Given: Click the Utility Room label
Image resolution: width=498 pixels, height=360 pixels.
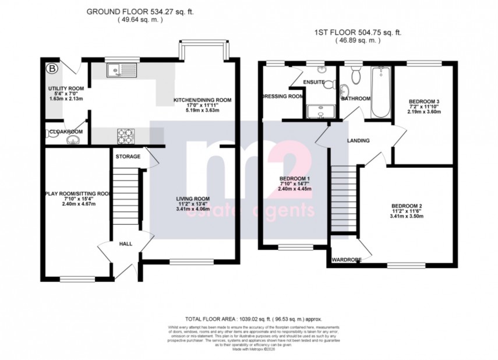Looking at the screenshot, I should [x=66, y=89].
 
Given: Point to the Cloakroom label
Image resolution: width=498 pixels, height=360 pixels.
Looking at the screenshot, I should [x=65, y=132].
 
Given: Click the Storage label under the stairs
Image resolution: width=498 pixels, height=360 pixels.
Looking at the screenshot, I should [x=128, y=156].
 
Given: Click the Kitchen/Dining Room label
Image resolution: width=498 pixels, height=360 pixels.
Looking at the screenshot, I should [x=202, y=100].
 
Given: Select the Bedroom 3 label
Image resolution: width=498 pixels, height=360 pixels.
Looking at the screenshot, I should [x=424, y=101].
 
